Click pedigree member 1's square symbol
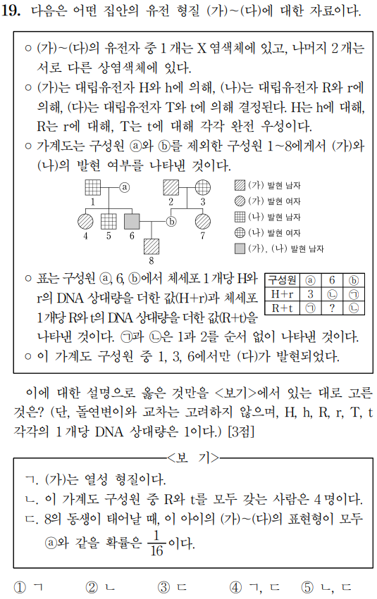93,187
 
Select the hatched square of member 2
171,187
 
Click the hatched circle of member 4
85,220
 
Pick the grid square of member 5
109,220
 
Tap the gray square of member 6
132,220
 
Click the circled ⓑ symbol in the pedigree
171,220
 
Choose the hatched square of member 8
151,246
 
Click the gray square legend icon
240,248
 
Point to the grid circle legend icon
240,232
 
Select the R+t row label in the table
282,307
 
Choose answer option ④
235,586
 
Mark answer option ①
21,586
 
